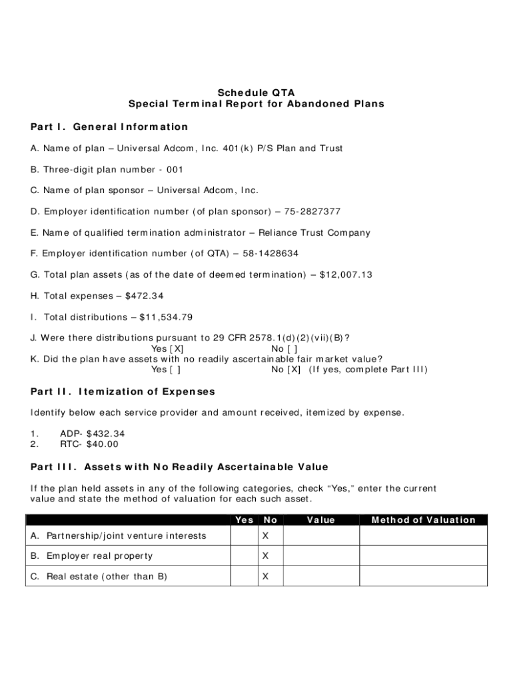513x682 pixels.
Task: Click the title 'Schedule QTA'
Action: click(256, 92)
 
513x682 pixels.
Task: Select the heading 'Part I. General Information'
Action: click(109, 127)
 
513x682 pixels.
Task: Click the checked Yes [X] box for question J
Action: click(177, 348)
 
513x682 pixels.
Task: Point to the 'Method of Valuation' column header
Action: click(423, 520)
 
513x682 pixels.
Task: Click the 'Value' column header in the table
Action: click(320, 520)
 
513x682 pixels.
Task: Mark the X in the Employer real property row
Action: click(265, 555)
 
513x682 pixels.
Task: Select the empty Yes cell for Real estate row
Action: click(244, 576)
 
